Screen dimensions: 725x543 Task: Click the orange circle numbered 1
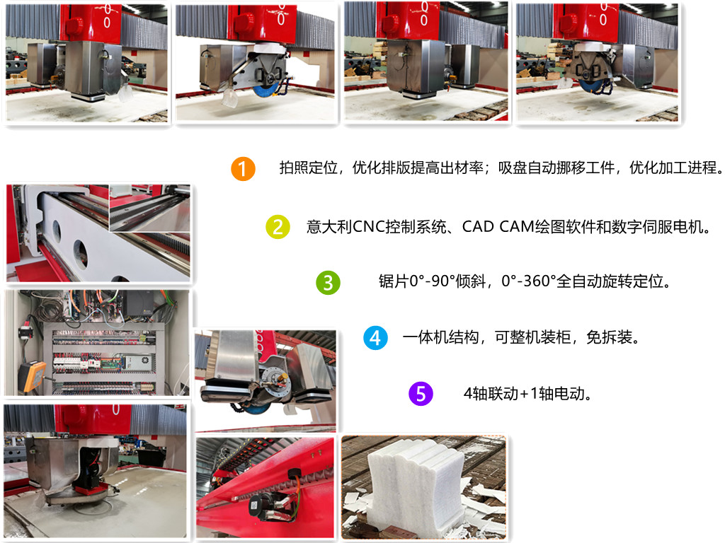(243, 168)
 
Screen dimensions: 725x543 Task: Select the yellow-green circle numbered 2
(278, 227)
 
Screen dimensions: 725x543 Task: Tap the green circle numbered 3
(328, 283)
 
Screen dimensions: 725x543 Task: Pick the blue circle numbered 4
(375, 337)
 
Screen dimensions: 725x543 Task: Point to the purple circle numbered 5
(421, 394)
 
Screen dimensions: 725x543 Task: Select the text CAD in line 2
(478, 227)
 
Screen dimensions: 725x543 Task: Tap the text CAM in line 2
(516, 227)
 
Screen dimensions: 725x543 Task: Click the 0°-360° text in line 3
(528, 281)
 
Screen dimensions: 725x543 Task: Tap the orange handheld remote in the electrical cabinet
(31, 377)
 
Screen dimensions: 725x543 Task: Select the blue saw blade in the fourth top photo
(595, 87)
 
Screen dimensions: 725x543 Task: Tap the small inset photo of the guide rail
(149, 208)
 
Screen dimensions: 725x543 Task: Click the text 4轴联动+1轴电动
(527, 394)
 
